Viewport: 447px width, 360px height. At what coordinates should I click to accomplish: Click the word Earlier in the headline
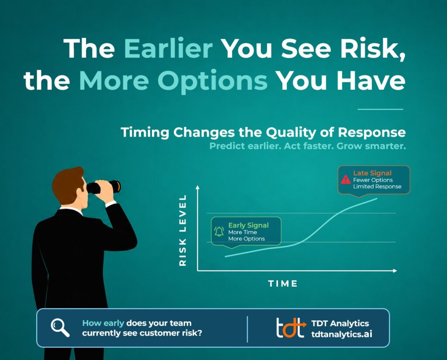(x=168, y=48)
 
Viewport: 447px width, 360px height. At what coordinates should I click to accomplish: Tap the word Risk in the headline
(x=372, y=48)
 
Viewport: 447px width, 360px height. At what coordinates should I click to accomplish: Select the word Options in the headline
(x=213, y=81)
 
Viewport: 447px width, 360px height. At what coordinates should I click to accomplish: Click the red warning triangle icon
(x=346, y=179)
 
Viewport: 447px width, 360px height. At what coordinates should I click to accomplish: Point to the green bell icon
(x=219, y=231)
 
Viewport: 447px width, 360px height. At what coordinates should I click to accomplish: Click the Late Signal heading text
(x=372, y=173)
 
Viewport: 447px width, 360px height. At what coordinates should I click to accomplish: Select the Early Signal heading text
(x=248, y=225)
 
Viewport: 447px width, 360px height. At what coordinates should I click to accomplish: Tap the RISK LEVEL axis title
(x=182, y=230)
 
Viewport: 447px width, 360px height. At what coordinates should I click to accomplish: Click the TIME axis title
(x=283, y=283)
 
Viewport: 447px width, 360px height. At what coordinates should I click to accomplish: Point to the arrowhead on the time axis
(x=395, y=271)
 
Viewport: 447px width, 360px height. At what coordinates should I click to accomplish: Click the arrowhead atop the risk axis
(x=198, y=187)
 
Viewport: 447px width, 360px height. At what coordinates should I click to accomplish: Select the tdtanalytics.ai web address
(x=341, y=334)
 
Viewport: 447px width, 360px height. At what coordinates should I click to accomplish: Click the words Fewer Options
(x=373, y=180)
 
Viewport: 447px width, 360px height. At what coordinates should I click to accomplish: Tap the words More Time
(x=243, y=232)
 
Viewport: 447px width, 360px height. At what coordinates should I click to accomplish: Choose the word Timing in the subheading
(x=145, y=133)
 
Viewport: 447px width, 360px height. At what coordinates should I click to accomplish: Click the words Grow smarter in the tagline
(x=371, y=146)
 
